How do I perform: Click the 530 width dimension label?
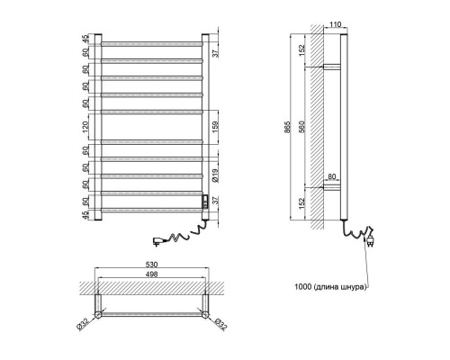point(151,265)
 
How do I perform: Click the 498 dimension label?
point(151,274)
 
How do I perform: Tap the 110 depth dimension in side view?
point(336,24)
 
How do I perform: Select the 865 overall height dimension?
point(287,127)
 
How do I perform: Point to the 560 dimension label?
point(301,127)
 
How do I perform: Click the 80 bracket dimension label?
point(332,176)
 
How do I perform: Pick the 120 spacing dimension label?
point(85,127)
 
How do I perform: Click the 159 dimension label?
point(215,127)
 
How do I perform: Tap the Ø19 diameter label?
point(215,175)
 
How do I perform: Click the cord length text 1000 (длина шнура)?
point(330,287)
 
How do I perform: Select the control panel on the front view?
point(205,202)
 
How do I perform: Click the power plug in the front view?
point(158,241)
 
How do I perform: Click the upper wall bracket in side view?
point(332,67)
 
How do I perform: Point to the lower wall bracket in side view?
point(332,187)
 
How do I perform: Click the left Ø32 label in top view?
point(83,323)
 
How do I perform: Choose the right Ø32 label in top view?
point(220,324)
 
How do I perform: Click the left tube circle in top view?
point(98,314)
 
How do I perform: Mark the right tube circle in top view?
point(205,314)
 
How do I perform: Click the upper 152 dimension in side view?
point(301,49)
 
